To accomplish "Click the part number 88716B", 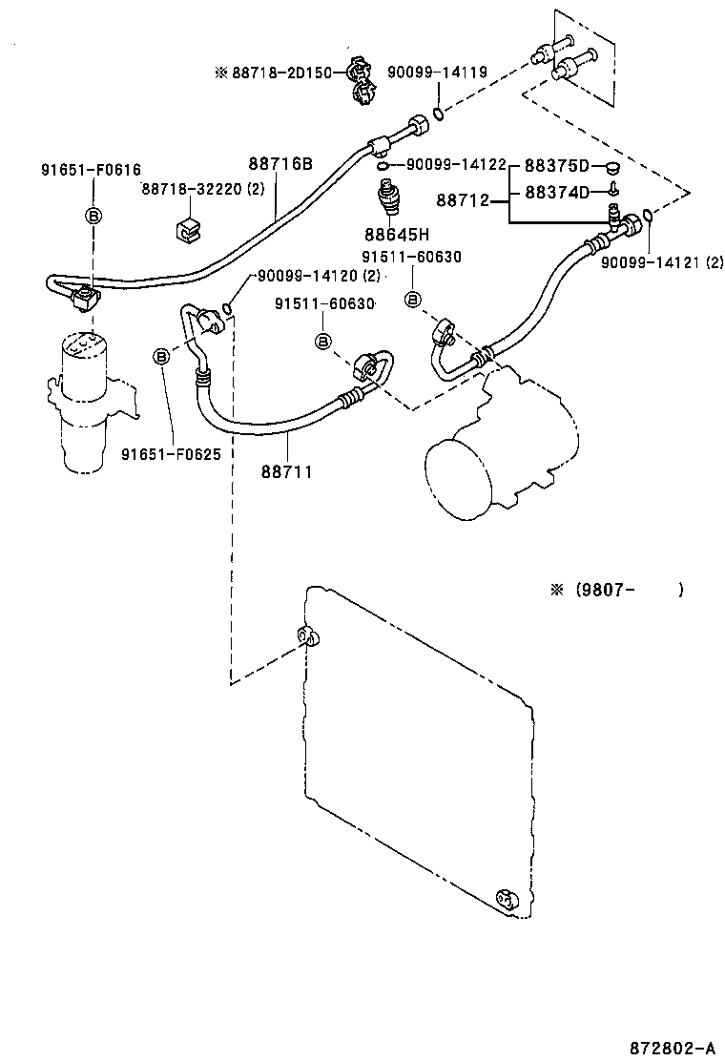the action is point(280,163).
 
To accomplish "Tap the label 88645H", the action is point(397,235).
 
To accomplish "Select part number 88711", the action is point(287,471).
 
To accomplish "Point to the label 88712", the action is point(463,200).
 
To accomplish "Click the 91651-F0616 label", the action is point(92,170).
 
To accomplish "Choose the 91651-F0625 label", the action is point(171,454).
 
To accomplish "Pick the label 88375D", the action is point(557,166).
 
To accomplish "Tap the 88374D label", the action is point(557,193).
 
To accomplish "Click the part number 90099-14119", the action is point(438,72).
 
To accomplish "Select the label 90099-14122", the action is point(457,164).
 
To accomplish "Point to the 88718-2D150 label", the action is point(282,73).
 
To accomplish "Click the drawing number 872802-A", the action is point(673,1049).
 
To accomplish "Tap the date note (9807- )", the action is point(617,590).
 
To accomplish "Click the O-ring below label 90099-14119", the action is point(438,114).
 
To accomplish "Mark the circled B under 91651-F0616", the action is point(93,216).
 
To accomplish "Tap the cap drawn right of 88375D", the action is point(611,166).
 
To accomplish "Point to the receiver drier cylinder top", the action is point(84,343).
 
